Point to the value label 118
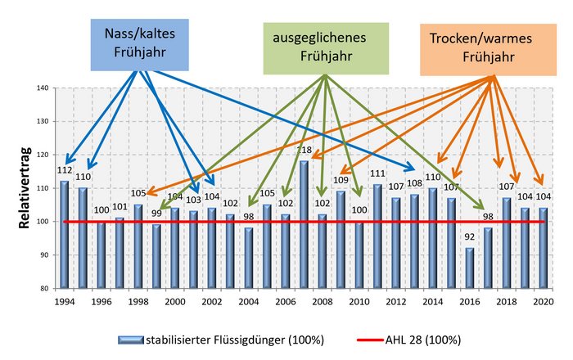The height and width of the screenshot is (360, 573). point(304,151)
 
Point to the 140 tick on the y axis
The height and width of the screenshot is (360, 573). point(43,88)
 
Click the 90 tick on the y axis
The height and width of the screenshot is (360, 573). point(44,255)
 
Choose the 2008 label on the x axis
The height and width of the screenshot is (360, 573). point(322,302)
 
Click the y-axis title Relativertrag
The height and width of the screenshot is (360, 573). point(25,188)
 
